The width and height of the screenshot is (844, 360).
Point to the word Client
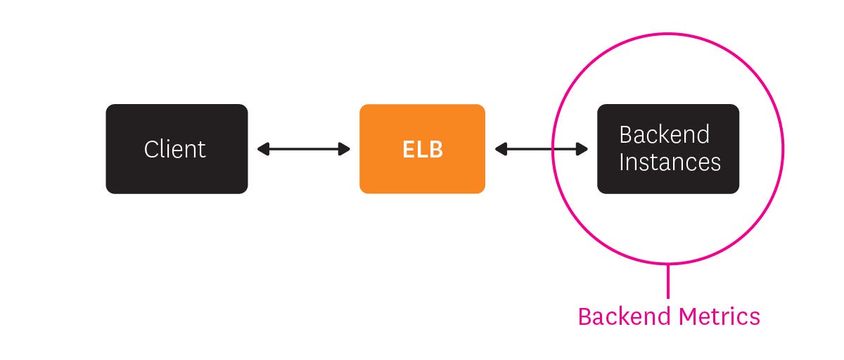(x=175, y=149)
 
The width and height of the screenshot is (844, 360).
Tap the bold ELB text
(x=423, y=149)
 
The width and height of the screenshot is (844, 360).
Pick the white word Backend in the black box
(x=664, y=134)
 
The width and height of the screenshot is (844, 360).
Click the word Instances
(x=670, y=162)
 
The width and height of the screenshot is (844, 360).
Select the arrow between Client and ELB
(x=304, y=149)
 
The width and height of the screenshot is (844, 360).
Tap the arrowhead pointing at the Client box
(x=262, y=149)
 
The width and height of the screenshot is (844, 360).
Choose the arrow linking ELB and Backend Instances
(x=542, y=149)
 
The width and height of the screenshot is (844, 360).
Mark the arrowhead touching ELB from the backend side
(x=500, y=149)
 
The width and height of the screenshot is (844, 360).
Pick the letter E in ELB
(x=409, y=149)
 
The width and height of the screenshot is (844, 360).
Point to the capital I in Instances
(x=622, y=162)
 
